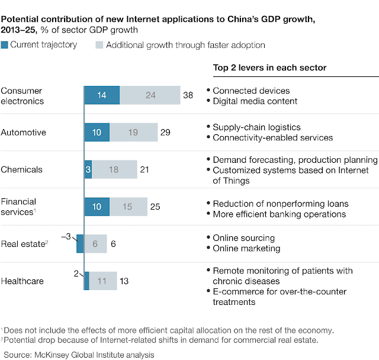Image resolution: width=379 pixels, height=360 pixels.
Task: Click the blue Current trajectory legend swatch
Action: pyautogui.click(x=4, y=44)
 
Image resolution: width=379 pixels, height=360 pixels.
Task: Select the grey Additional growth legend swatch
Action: pyautogui.click(x=99, y=44)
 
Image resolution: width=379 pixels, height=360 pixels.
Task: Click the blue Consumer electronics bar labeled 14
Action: pyautogui.click(x=102, y=95)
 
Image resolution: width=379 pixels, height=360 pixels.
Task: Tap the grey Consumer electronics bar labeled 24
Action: pyautogui.click(x=150, y=95)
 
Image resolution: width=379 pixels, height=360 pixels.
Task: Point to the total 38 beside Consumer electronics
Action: pyautogui.click(x=188, y=95)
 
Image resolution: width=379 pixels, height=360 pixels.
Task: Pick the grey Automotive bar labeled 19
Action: pyautogui.click(x=133, y=133)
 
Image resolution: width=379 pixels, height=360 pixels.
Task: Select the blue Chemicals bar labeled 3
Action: pyautogui.click(x=88, y=169)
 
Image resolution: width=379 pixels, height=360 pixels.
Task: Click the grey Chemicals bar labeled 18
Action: pyautogui.click(x=114, y=169)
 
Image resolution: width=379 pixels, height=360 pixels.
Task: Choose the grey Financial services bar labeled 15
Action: pyautogui.click(x=129, y=207)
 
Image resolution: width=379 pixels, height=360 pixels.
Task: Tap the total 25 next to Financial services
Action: pyautogui.click(x=155, y=207)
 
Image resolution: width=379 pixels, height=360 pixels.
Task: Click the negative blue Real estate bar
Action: pyautogui.click(x=81, y=244)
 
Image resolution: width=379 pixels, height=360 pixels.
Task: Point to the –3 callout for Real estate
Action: pyautogui.click(x=66, y=236)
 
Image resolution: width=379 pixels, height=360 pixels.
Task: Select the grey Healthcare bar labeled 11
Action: pyautogui.click(x=103, y=281)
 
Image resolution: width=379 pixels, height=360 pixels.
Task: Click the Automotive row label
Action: pyautogui.click(x=23, y=133)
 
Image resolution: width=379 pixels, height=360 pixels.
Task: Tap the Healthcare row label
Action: pyautogui.click(x=23, y=281)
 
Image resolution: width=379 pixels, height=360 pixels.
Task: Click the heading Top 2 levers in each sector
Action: pyautogui.click(x=270, y=68)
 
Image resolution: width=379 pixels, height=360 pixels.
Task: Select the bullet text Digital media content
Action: pyautogui.click(x=255, y=101)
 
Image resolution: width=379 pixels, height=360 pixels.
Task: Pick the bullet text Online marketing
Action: pyautogui.click(x=246, y=249)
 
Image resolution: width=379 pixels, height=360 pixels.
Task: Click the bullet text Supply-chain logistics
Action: pyautogui.click(x=256, y=127)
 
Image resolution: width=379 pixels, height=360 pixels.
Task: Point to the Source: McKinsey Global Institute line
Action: pyautogui.click(x=79, y=355)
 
